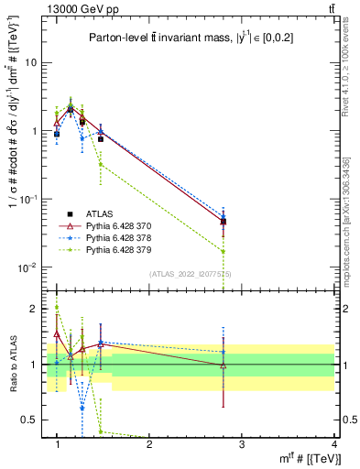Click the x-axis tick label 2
point(149,444)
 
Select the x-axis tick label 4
point(335,444)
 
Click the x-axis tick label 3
point(242,444)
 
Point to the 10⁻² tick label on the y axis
point(29,267)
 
